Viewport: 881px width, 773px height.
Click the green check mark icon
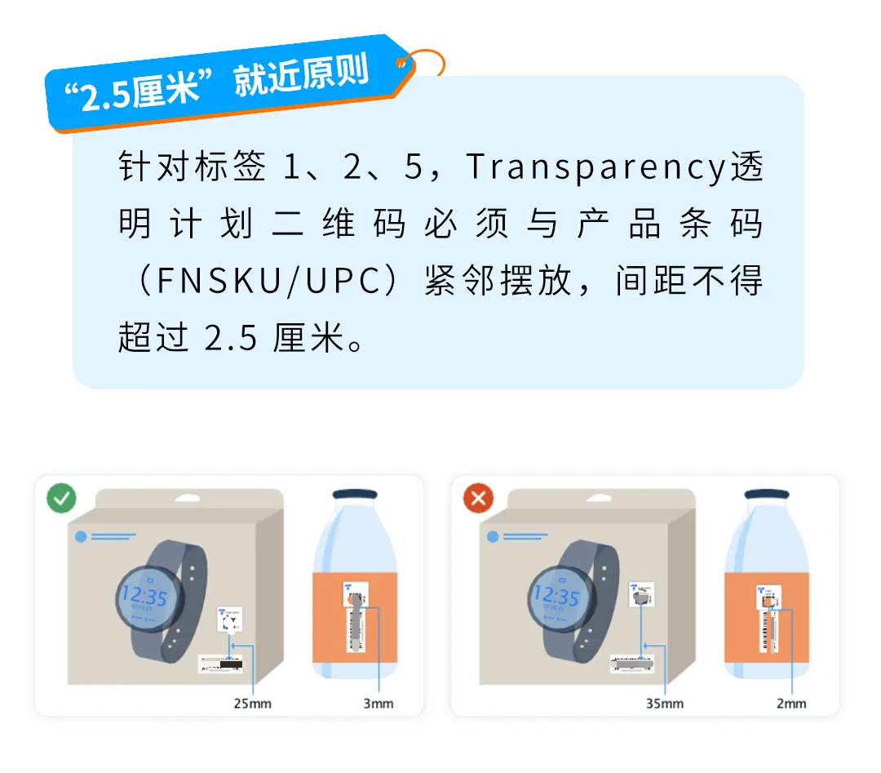62,499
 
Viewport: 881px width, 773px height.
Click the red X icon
478,499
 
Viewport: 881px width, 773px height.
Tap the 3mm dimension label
378,704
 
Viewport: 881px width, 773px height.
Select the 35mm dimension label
665,704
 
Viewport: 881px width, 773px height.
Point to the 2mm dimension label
790,704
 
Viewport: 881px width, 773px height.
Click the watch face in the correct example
145,600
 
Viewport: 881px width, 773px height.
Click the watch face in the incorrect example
557,600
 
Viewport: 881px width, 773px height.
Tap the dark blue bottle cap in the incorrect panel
767,495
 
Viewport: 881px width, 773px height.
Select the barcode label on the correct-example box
221,664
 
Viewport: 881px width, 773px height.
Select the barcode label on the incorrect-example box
634,664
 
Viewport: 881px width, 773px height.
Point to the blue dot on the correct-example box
80,536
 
